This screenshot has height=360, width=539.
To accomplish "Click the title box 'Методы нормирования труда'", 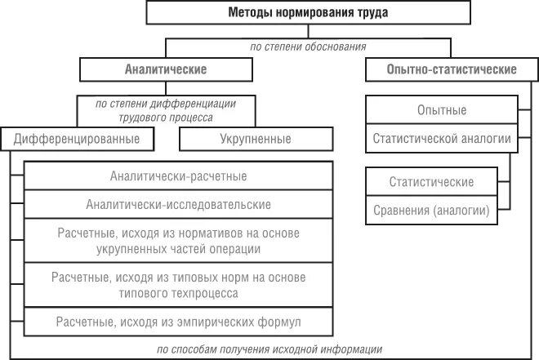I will [308, 13].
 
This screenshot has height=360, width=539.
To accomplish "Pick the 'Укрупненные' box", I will [256, 139].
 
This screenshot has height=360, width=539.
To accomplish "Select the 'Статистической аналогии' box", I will [442, 139].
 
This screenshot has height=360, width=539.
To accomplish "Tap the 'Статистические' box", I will [431, 181].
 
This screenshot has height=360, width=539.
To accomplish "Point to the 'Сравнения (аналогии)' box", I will [431, 210].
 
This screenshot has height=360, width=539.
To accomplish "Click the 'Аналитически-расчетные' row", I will [178, 176].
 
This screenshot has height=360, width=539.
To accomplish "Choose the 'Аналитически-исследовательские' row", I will [178, 204].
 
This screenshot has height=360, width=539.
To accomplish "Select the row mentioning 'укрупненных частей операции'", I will [178, 241].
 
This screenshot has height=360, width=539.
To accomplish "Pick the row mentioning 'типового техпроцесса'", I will [178, 284].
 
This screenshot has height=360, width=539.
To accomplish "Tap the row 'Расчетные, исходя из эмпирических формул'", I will [178, 319].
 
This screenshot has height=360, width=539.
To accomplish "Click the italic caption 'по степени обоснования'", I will [308, 47].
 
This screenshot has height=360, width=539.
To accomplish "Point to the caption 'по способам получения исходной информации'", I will [269, 349].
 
